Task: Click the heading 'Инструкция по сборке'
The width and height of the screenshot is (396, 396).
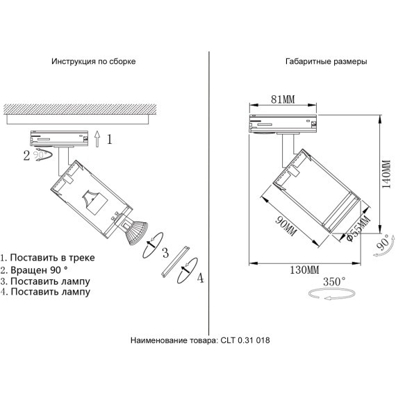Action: click(93, 61)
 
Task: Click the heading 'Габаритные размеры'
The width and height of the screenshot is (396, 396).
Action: click(326, 61)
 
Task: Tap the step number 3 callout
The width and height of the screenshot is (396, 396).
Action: click(165, 251)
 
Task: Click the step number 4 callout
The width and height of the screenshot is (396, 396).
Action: click(200, 279)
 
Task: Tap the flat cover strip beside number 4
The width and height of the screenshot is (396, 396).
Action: click(174, 261)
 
